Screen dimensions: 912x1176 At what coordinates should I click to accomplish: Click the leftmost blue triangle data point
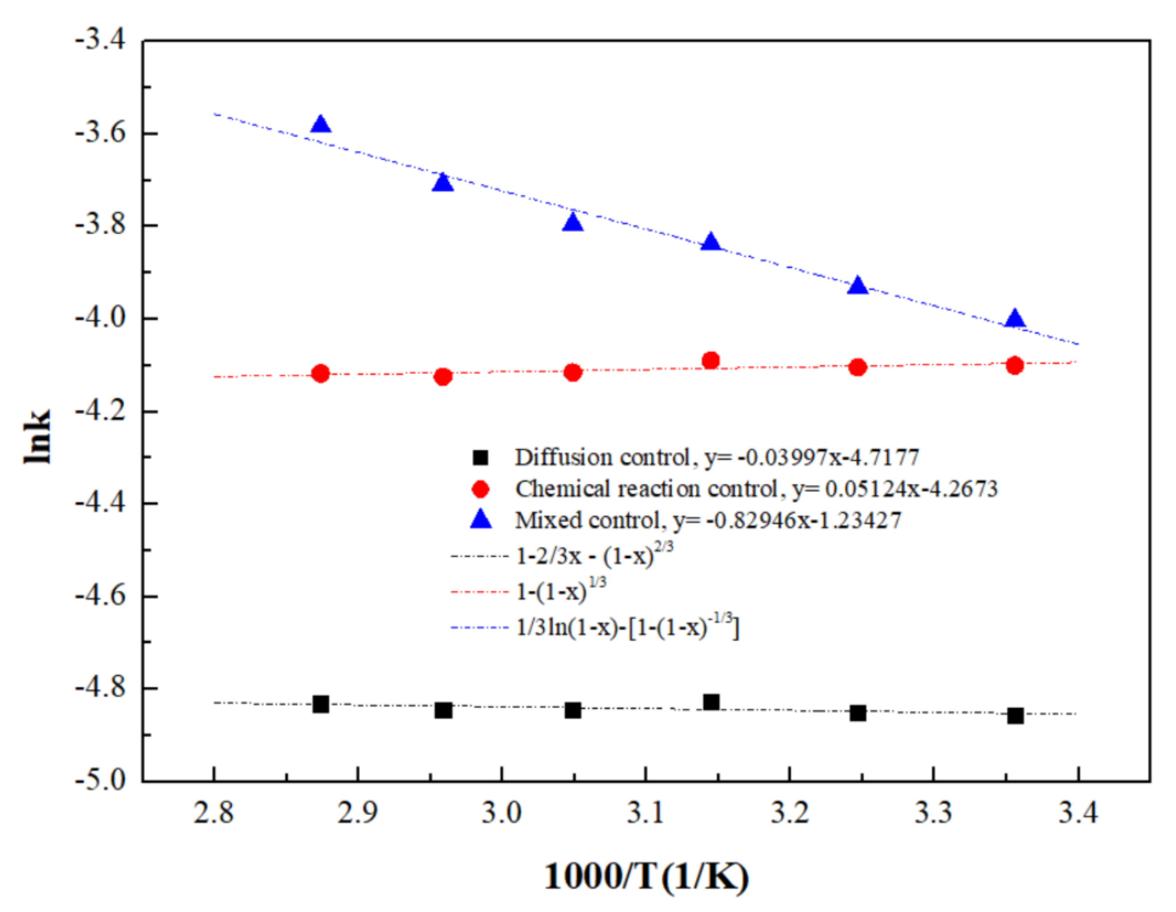pyautogui.click(x=320, y=125)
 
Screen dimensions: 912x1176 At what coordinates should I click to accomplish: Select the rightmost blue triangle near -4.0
pyautogui.click(x=1014, y=319)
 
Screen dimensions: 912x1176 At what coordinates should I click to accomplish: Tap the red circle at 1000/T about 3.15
pyautogui.click(x=711, y=360)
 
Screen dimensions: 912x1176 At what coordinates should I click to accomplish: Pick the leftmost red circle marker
pyautogui.click(x=320, y=373)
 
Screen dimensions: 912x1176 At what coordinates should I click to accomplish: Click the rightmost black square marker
pyautogui.click(x=1015, y=716)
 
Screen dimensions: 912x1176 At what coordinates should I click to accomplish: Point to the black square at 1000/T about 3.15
pyautogui.click(x=711, y=702)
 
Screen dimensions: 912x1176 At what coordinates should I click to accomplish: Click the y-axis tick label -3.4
pyautogui.click(x=100, y=41)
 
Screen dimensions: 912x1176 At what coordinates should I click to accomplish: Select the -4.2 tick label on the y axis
pyautogui.click(x=100, y=411)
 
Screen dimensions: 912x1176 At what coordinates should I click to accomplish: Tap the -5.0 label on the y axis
pyautogui.click(x=100, y=780)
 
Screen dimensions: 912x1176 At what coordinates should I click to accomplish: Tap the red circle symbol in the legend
pyautogui.click(x=480, y=489)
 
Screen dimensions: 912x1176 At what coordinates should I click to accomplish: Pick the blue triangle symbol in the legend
pyautogui.click(x=480, y=520)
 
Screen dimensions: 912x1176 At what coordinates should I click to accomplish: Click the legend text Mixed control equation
pyautogui.click(x=707, y=521)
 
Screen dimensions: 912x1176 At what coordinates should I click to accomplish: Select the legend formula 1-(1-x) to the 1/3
pyautogui.click(x=560, y=591)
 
